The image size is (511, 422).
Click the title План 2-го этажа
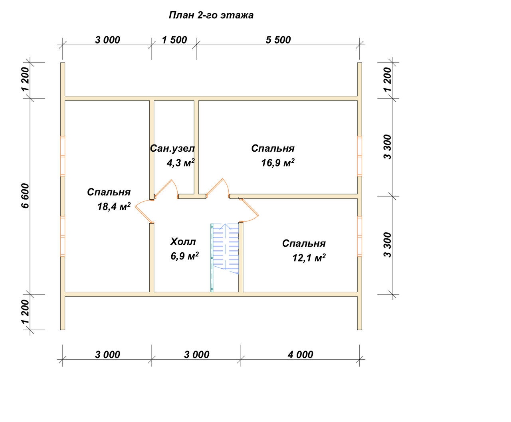click(211, 15)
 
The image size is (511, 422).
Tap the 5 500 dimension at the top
click(278, 40)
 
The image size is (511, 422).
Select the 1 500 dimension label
click(174, 40)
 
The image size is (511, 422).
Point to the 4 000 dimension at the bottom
click(300, 355)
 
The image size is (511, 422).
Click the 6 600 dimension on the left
click(25, 196)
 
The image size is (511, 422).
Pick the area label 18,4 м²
click(114, 206)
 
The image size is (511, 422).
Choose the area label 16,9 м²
click(278, 162)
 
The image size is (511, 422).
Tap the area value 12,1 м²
click(309, 258)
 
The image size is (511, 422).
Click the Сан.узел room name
click(172, 149)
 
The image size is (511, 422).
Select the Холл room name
click(183, 242)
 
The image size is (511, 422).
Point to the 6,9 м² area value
click(185, 256)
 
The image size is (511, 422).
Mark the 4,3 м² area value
click(180, 162)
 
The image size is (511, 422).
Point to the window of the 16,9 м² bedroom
click(360, 156)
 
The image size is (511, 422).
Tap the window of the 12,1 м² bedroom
click(360, 236)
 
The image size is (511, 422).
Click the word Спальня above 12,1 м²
click(304, 243)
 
